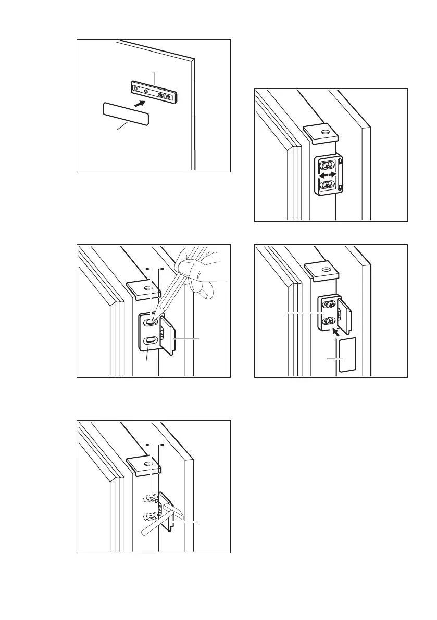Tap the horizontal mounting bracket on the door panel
[155, 93]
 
